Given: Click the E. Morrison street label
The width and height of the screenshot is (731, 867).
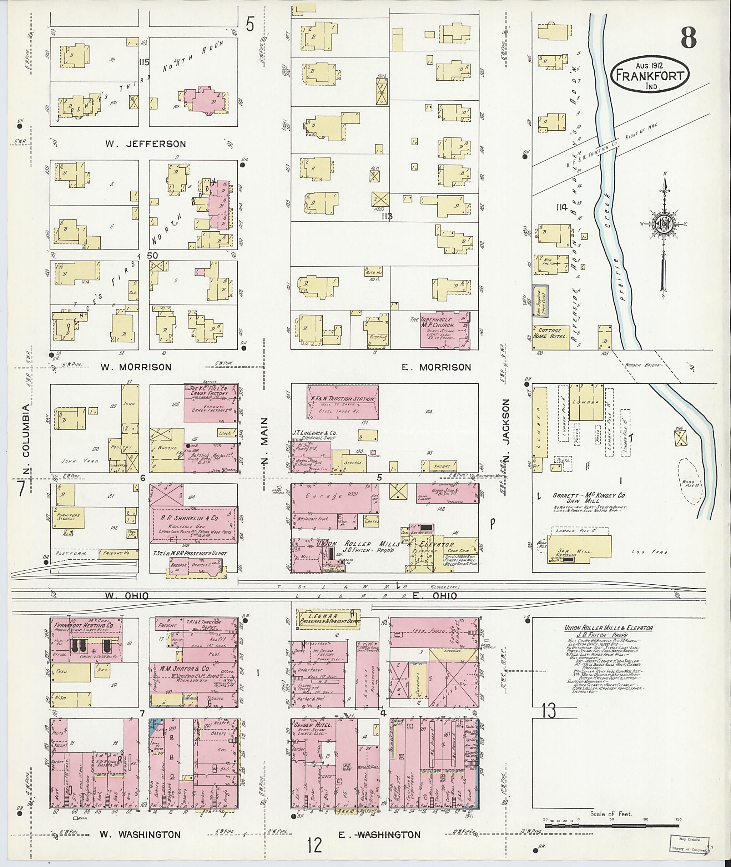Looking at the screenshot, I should tap(437, 367).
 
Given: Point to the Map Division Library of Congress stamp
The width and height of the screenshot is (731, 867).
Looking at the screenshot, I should tap(690, 842).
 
